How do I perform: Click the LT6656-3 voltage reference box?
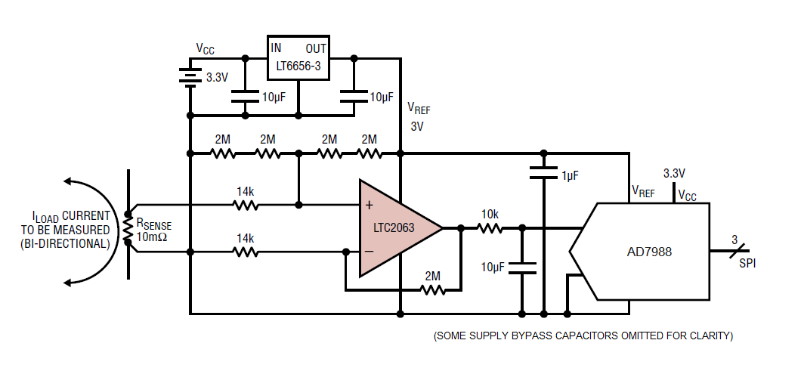coord(298,57)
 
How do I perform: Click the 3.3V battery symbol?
coord(190,77)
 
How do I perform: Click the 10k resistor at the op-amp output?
coord(490,228)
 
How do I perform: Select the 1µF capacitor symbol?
coord(544,172)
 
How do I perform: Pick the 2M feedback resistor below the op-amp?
coord(432,290)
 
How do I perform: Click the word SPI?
coord(747,264)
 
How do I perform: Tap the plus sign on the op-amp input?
coord(369,206)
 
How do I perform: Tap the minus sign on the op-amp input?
coord(369,251)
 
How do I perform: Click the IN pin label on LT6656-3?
coord(276,48)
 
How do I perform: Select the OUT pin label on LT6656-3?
coord(316,48)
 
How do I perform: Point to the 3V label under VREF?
coord(417,126)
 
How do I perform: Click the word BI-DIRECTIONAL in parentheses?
coord(65,244)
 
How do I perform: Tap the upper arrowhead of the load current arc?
coord(69,181)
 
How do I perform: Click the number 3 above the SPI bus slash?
coord(734,240)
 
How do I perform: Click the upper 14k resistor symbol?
coord(245,205)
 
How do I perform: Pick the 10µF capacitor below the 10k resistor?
coord(522,268)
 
